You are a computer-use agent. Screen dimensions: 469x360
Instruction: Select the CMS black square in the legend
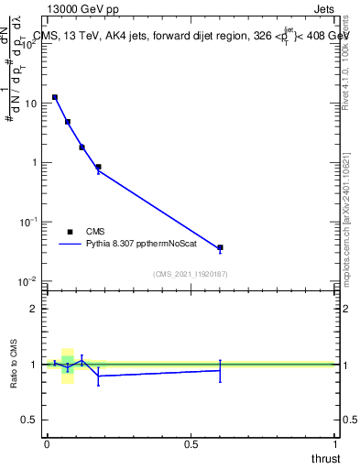[71, 232]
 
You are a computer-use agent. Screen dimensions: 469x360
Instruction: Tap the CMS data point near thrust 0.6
[220, 247]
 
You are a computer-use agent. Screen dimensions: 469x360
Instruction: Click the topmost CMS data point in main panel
[55, 97]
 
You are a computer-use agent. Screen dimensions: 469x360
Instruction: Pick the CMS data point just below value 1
[98, 167]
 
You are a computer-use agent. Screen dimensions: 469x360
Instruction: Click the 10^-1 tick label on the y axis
[28, 223]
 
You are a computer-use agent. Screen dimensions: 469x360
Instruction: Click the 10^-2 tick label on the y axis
[28, 281]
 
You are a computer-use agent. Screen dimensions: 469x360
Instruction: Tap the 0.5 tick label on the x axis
[191, 444]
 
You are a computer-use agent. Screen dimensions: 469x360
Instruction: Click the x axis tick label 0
[47, 444]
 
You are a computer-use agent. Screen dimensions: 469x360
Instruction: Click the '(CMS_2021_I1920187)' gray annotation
[191, 274]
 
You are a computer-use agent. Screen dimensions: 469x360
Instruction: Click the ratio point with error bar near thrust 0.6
[220, 370]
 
